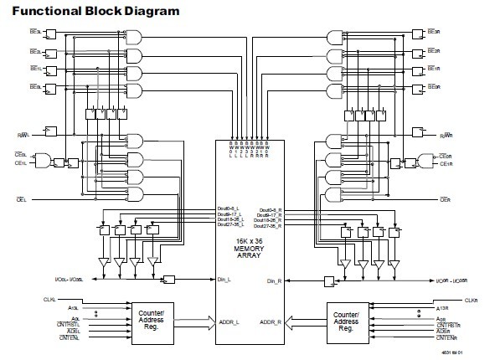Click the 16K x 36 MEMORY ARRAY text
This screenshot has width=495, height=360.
point(248,249)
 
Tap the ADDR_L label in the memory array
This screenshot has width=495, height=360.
point(228,321)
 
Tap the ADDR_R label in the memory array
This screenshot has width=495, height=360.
point(270,321)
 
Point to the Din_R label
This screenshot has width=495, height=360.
point(273,280)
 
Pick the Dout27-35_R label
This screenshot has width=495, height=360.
point(270,225)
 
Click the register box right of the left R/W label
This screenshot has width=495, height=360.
point(51,132)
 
